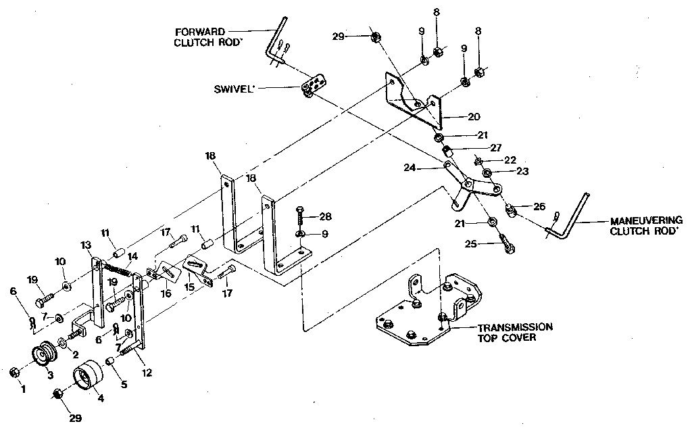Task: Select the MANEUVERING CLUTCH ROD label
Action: pos(646,224)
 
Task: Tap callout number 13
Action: pos(84,244)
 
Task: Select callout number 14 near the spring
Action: pos(132,256)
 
